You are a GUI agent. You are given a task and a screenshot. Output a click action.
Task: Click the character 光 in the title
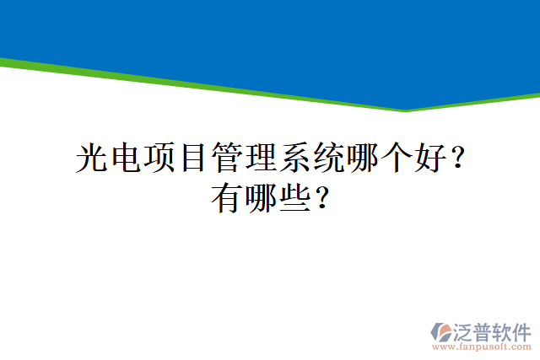pyautogui.click(x=91, y=158)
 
